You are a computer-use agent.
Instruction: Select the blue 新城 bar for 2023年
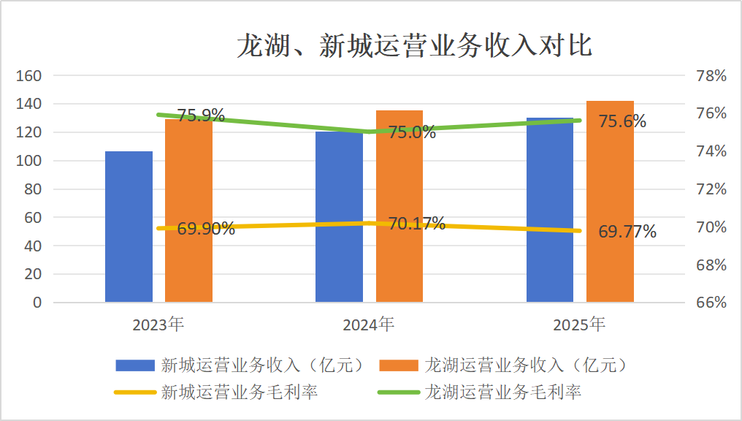129,227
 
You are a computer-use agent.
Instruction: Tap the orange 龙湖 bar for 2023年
188,212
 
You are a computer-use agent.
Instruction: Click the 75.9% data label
201,115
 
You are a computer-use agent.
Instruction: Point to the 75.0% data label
412,132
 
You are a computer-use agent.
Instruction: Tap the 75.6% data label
622,121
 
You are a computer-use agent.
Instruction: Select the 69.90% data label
206,229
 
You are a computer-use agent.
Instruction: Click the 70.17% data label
416,224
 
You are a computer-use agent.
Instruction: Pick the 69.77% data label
627,232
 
